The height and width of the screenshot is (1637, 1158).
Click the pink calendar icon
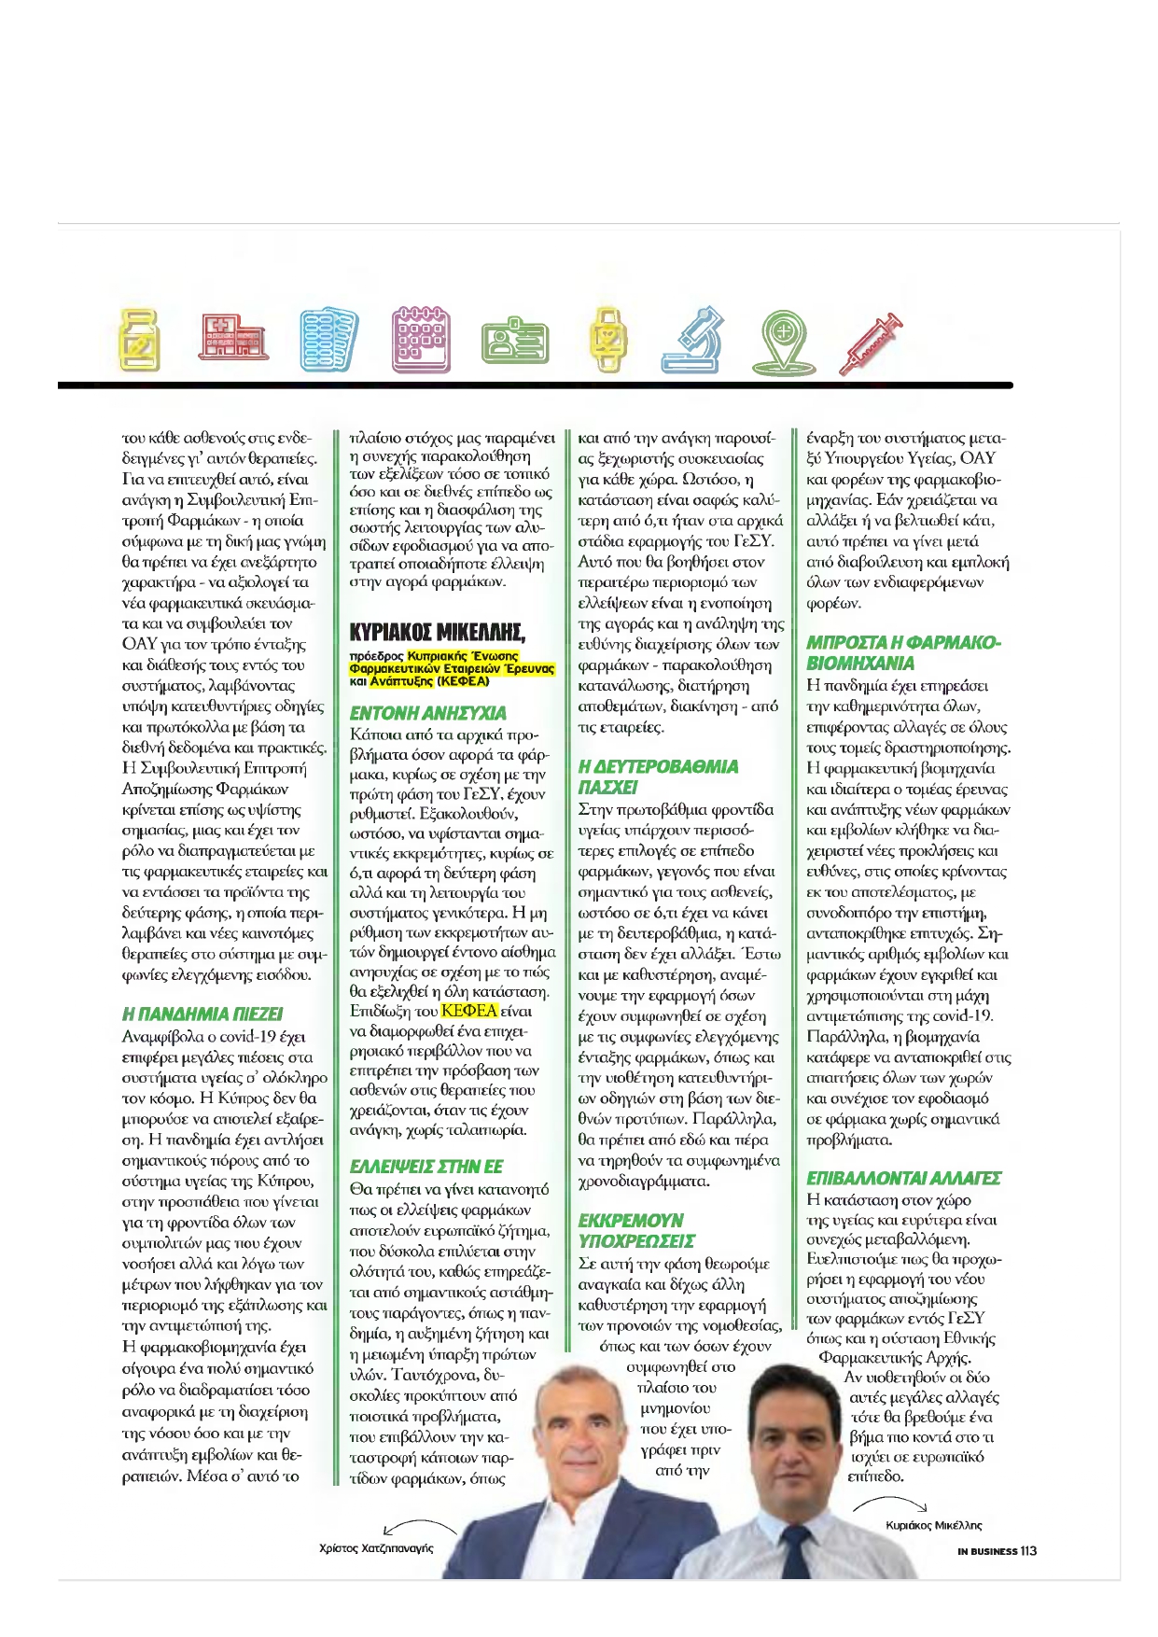pos(421,339)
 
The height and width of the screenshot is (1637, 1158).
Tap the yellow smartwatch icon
pos(607,339)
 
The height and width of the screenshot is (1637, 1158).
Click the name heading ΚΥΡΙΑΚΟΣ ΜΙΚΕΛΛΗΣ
pos(437,634)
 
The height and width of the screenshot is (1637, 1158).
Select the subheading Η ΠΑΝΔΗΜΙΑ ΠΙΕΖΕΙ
pos(202,1014)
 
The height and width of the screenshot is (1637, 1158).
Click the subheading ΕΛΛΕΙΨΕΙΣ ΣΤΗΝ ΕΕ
pos(426,1167)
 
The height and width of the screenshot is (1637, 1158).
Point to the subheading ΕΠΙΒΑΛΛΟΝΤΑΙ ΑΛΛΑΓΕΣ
pos(903,1178)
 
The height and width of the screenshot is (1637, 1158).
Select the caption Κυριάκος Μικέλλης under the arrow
pos(933,1525)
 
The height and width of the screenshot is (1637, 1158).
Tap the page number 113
pos(1028,1551)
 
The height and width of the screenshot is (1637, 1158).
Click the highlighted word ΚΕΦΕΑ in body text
pos(469,1011)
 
